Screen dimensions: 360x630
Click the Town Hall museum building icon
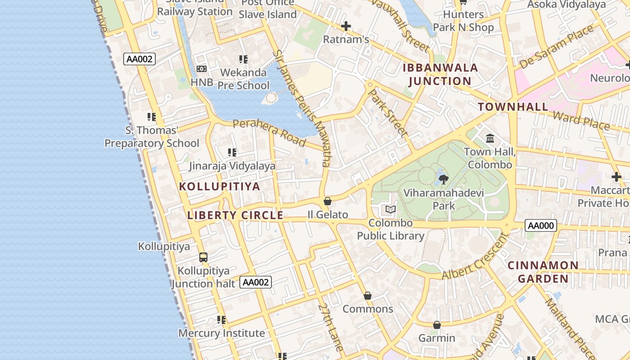point(490,138)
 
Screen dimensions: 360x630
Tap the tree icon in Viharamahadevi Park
point(443,180)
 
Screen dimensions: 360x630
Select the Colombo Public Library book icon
point(390,209)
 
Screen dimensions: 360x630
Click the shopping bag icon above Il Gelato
point(328,201)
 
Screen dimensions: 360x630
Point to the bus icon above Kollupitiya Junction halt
point(203,257)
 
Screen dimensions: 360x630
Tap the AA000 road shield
point(540,225)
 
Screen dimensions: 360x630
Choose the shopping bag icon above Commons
point(368,296)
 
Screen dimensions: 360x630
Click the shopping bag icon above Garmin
point(436,325)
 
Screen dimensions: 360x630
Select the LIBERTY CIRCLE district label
point(235,216)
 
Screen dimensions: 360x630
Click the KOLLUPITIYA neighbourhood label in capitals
point(220,186)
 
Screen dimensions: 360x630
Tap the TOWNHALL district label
point(513,107)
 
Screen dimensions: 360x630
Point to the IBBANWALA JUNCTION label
point(440,75)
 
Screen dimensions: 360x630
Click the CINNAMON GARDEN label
point(543,272)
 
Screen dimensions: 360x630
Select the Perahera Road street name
point(269,132)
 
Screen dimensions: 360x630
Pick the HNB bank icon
point(202,69)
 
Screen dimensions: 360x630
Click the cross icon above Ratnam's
point(346,26)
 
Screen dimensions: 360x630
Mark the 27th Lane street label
point(331,326)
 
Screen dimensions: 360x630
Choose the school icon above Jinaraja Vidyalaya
point(232,153)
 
